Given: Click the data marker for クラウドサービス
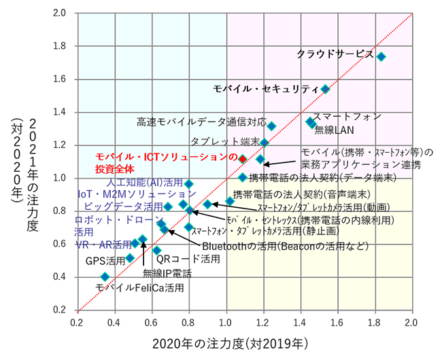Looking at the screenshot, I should click(x=381, y=56).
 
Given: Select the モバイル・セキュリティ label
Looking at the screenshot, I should click(x=265, y=89).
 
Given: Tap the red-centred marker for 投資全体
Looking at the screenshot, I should click(x=241, y=158).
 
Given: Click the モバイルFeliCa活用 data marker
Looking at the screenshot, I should click(x=105, y=276).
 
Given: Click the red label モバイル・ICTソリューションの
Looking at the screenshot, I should click(x=166, y=156).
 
